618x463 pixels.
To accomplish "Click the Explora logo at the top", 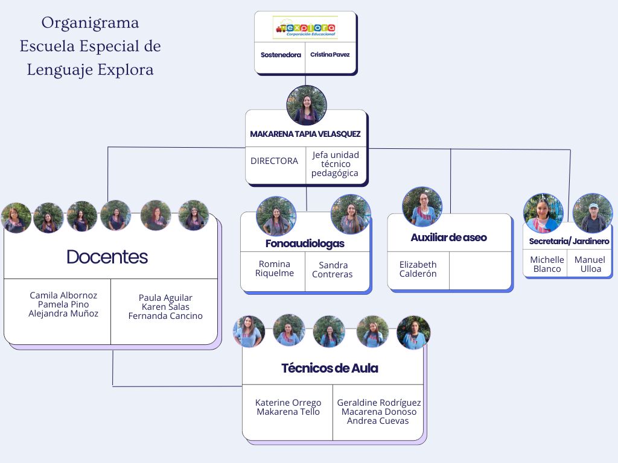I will (305, 27).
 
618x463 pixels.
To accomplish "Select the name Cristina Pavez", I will (330, 55).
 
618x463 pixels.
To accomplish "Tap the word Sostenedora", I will (281, 55).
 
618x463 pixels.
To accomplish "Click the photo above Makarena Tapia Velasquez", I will (307, 106).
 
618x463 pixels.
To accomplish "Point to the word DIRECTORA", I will (274, 161).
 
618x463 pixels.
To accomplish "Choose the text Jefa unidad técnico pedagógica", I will (336, 164).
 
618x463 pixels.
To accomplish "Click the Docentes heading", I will (107, 257).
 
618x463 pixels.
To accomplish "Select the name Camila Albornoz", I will (63, 295).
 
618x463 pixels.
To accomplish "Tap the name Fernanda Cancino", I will (165, 316).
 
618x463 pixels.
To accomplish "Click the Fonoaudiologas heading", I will (305, 244).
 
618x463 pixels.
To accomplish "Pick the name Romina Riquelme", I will (275, 268).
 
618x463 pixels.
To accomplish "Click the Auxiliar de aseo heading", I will (448, 238).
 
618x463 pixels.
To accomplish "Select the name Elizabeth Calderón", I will (418, 269).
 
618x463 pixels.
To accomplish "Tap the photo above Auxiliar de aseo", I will (422, 207).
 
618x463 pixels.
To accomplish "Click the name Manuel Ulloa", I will (590, 264).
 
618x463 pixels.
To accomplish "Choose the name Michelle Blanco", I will (547, 264).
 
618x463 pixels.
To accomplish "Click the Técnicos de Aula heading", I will (330, 368).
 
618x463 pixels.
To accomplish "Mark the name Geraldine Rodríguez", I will (379, 403).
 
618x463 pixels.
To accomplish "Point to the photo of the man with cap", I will (593, 213).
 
